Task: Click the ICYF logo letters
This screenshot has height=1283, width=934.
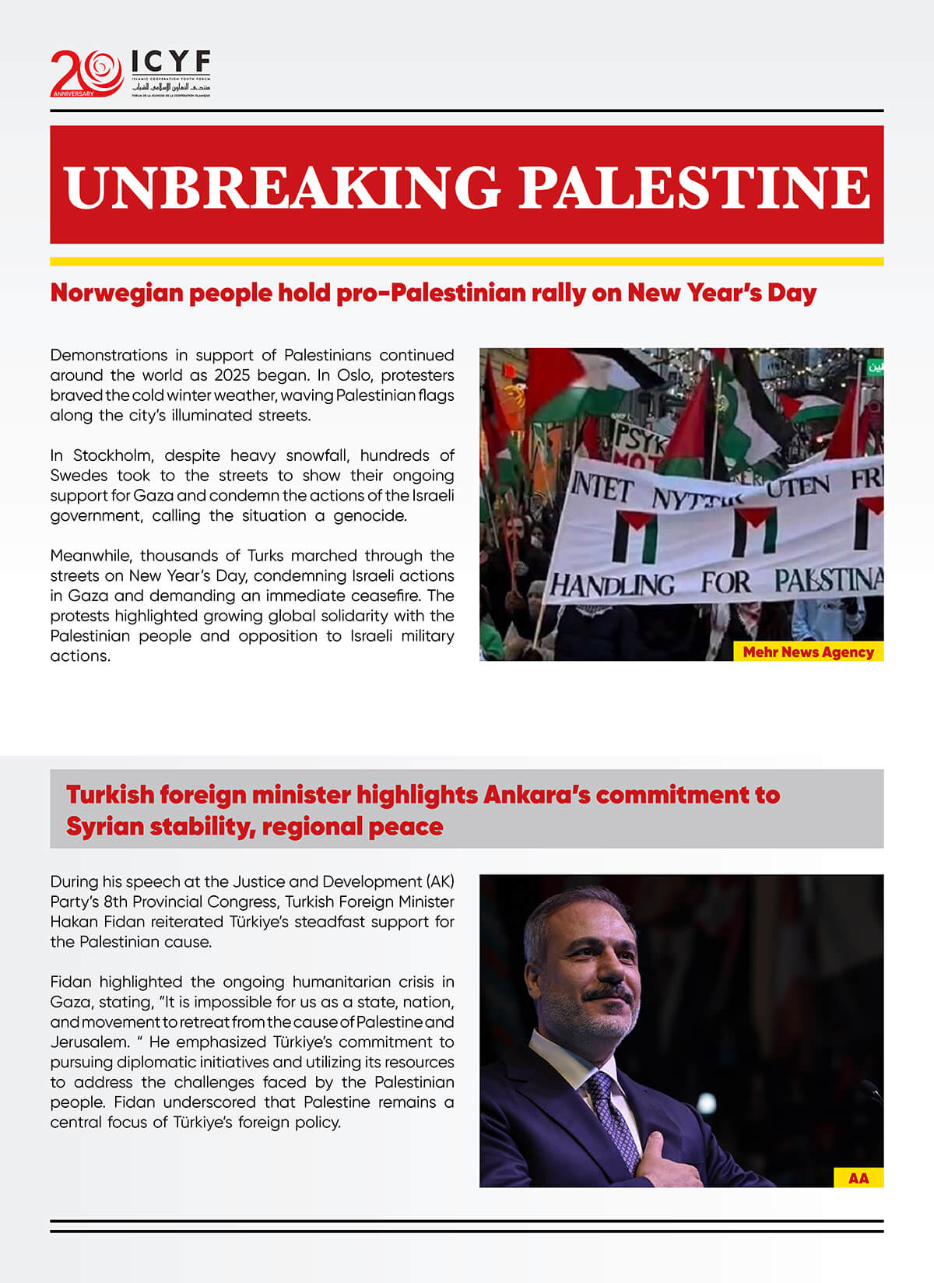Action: point(170,62)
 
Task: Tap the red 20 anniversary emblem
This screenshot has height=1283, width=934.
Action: point(86,72)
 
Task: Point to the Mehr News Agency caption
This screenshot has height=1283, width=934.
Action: point(808,652)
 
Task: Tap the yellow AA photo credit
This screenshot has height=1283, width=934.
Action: point(859,1178)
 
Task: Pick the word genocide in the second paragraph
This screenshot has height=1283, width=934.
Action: point(370,515)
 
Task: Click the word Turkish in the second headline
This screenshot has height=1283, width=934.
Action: point(110,795)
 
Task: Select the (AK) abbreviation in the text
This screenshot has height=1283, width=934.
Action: point(440,881)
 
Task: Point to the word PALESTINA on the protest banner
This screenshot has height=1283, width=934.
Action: point(829,580)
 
